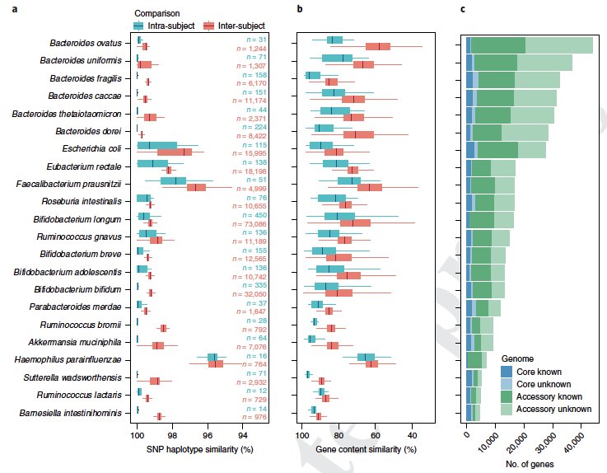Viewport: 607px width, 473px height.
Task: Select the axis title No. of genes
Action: tap(528, 464)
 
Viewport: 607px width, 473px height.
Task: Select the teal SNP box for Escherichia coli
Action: tap(156, 145)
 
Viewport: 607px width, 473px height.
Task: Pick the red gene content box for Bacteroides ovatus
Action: tap(378, 47)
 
